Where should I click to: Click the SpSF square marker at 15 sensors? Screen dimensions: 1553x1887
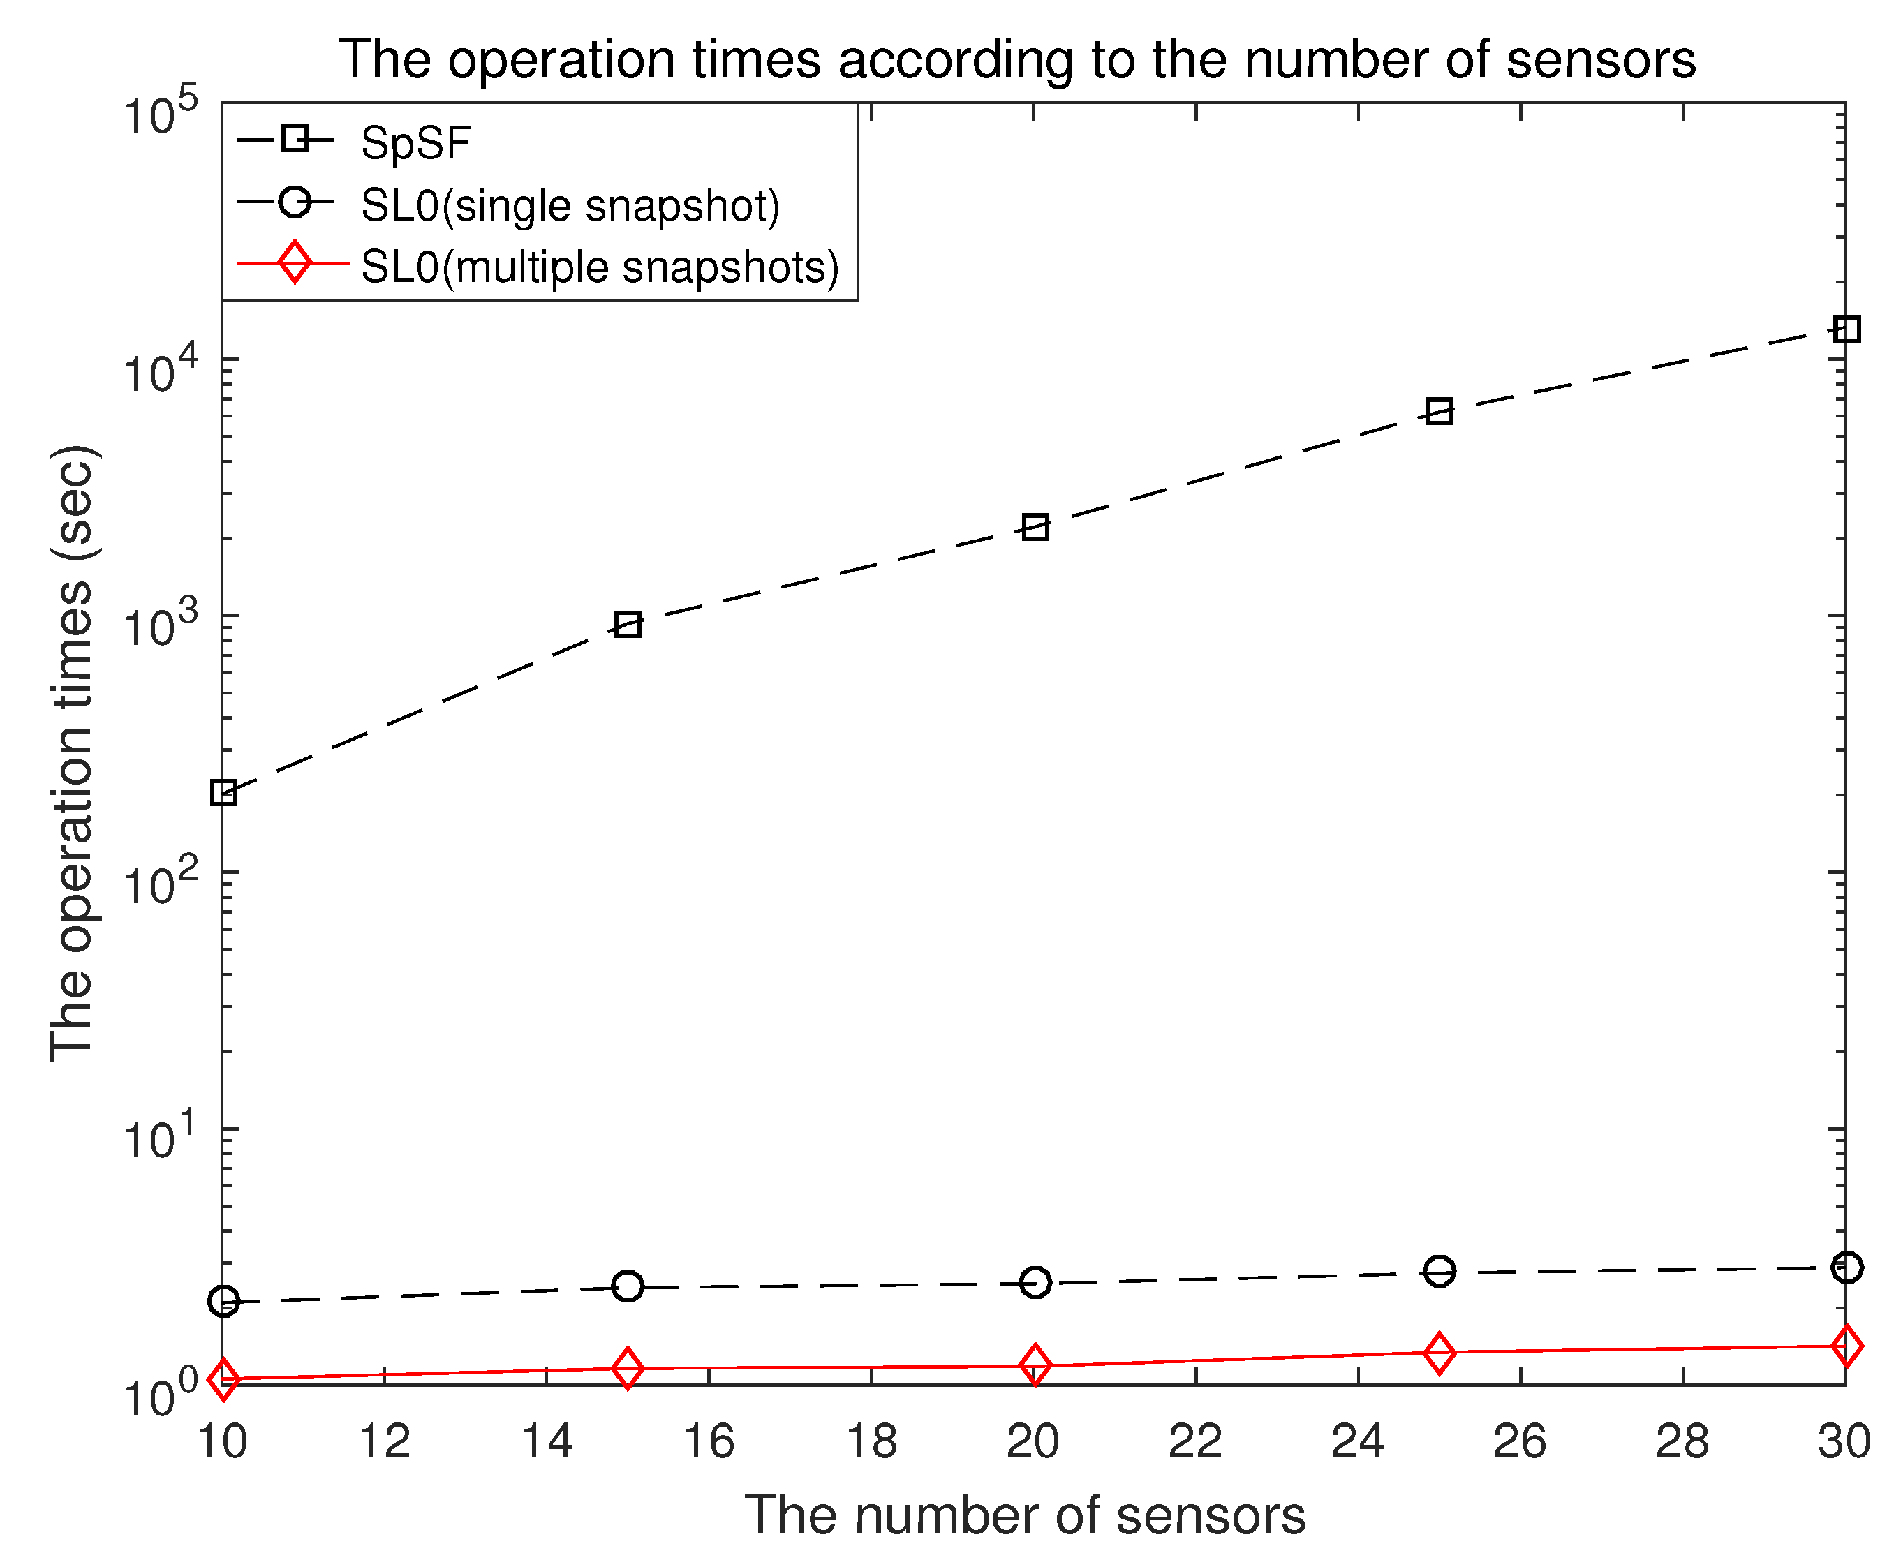click(628, 625)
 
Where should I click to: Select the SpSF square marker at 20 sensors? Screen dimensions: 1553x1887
click(1035, 528)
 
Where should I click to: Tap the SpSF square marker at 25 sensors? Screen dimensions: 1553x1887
click(1439, 412)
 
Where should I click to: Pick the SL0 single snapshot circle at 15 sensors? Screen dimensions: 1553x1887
click(628, 1286)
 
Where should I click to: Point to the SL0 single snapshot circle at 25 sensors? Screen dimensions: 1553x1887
click(1439, 1271)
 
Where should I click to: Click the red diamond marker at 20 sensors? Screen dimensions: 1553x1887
click(1035, 1365)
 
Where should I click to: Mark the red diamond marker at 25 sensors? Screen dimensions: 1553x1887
click(1439, 1353)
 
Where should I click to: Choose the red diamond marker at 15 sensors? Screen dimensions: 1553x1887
click(628, 1369)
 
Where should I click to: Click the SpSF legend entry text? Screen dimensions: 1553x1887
click(415, 143)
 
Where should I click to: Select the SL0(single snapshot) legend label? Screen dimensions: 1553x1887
click(570, 206)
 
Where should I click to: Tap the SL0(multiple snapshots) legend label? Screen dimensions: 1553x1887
click(600, 267)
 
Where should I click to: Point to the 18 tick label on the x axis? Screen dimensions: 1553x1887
click(871, 1441)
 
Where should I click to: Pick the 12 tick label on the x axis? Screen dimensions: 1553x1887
click(384, 1441)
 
